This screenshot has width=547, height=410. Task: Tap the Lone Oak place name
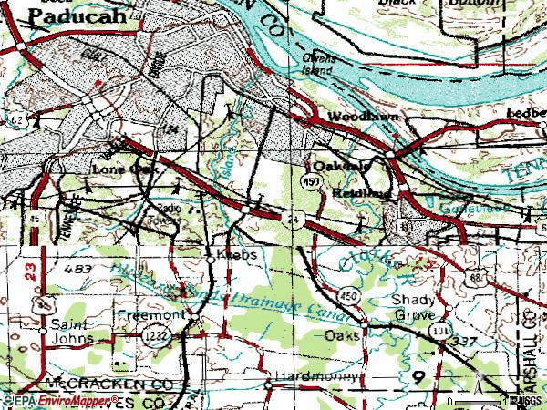[x=125, y=169]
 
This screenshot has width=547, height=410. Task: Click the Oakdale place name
[x=341, y=167]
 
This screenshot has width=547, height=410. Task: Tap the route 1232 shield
[x=152, y=338]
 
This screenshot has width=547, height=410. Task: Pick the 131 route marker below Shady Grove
[x=444, y=330]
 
